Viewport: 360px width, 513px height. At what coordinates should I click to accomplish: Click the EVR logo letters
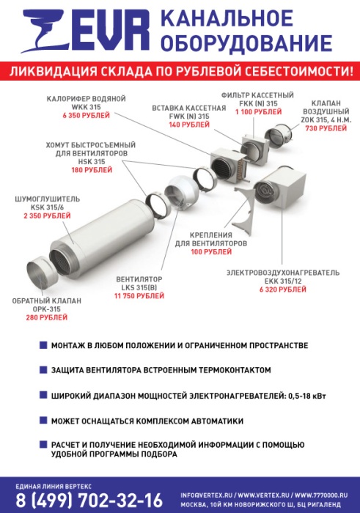111,30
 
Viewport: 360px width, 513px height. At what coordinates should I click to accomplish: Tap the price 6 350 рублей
87,116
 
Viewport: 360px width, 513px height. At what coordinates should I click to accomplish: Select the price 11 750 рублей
139,296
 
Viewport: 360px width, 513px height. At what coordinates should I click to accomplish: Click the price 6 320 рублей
283,289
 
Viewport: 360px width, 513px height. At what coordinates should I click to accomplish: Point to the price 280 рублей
47,317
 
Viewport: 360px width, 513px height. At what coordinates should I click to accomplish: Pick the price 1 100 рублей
258,112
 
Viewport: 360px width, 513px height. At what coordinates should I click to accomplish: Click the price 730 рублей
326,128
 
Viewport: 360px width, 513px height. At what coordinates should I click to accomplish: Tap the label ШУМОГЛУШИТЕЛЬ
47,199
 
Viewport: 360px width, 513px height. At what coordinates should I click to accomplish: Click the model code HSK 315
92,162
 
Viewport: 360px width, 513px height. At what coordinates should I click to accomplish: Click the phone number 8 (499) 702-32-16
89,500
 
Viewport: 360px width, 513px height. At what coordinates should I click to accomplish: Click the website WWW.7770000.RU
321,495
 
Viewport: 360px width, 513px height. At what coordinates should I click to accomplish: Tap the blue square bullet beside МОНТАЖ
43,345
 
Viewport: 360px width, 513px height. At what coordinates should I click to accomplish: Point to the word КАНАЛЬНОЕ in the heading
227,18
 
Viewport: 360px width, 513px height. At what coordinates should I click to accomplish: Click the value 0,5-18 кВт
307,396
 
